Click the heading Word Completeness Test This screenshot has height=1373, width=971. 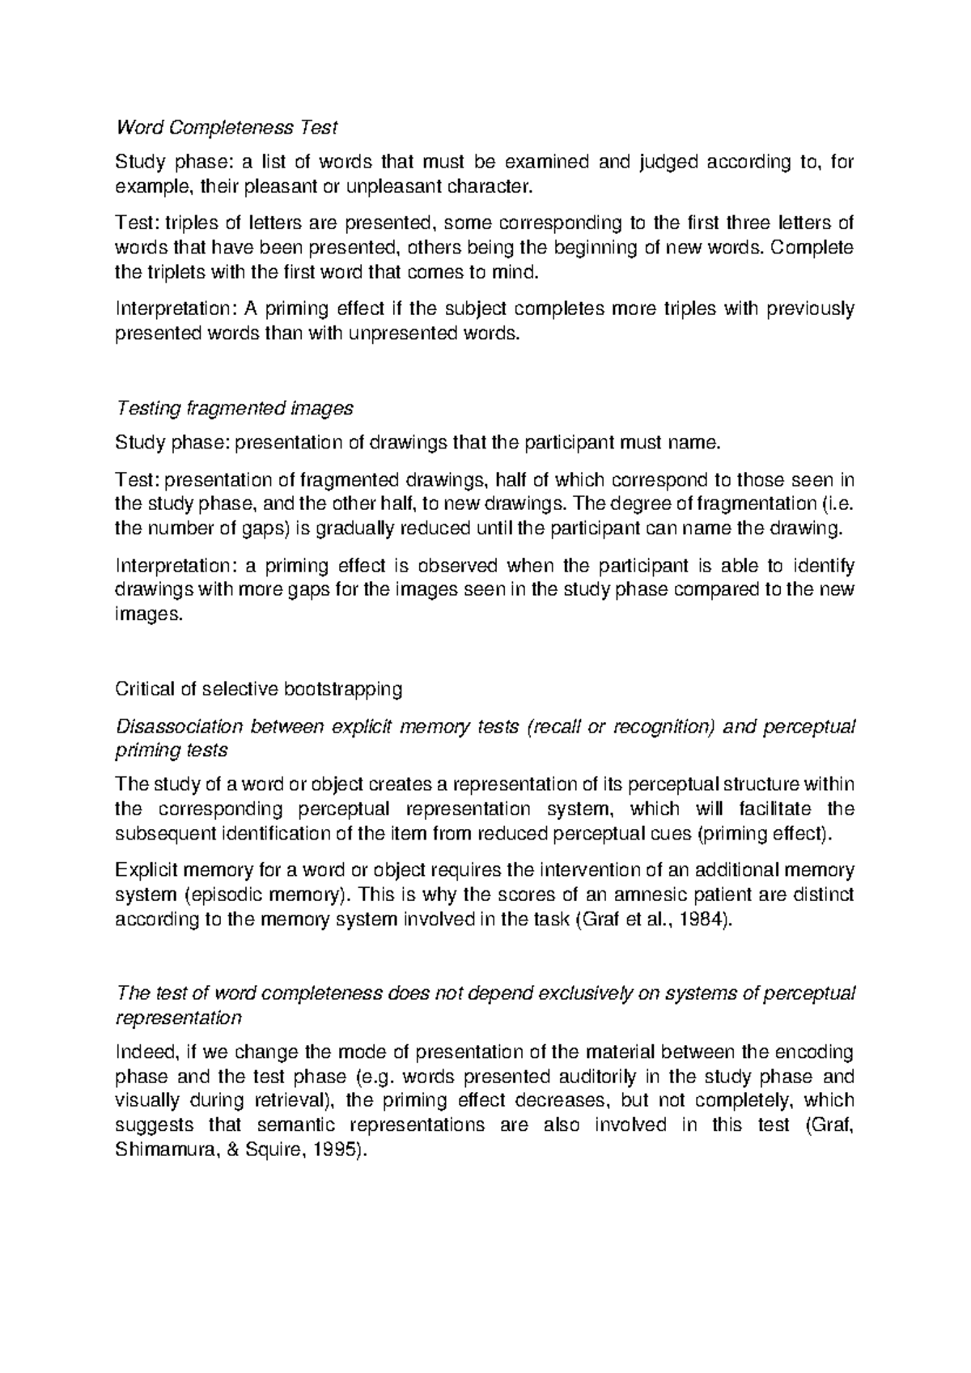click(227, 127)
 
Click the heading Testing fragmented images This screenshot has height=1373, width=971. click(235, 408)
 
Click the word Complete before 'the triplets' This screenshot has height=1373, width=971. click(812, 248)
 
